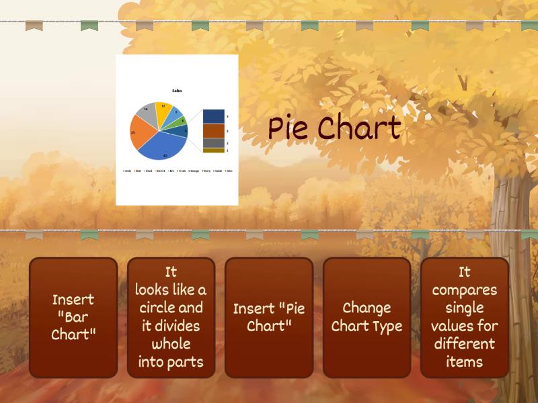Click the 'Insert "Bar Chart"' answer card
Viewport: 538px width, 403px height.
(x=73, y=317)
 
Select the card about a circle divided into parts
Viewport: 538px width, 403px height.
(x=171, y=317)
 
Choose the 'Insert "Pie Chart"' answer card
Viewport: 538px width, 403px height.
(x=269, y=317)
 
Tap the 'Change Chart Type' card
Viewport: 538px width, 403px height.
(x=367, y=317)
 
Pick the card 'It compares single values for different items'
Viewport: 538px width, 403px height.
(x=464, y=317)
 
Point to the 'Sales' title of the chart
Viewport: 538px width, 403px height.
(x=177, y=91)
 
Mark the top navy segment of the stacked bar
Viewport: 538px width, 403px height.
(x=213, y=116)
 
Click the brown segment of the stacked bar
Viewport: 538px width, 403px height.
(x=213, y=131)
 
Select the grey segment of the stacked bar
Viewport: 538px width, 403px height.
(x=213, y=143)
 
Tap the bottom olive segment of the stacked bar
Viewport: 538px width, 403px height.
(x=213, y=150)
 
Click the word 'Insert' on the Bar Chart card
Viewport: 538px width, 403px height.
(x=73, y=299)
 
